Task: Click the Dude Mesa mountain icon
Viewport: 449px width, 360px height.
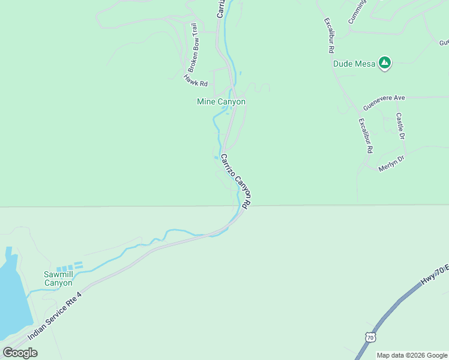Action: [x=384, y=62]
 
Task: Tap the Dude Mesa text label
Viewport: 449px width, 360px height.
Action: [x=354, y=64]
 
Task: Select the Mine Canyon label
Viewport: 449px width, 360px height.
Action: [x=221, y=102]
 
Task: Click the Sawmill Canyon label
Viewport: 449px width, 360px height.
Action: [x=58, y=278]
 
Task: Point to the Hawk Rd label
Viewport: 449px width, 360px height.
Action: [x=196, y=80]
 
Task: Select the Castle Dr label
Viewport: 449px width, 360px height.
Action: [x=401, y=126]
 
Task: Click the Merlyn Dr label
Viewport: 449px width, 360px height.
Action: [x=392, y=163]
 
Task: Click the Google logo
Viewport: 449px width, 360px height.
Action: [x=20, y=353]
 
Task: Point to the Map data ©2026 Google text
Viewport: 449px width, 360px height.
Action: [x=412, y=355]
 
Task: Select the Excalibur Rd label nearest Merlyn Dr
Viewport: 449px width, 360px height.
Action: [x=366, y=135]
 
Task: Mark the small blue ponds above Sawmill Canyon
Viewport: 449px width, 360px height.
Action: [x=68, y=266]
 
